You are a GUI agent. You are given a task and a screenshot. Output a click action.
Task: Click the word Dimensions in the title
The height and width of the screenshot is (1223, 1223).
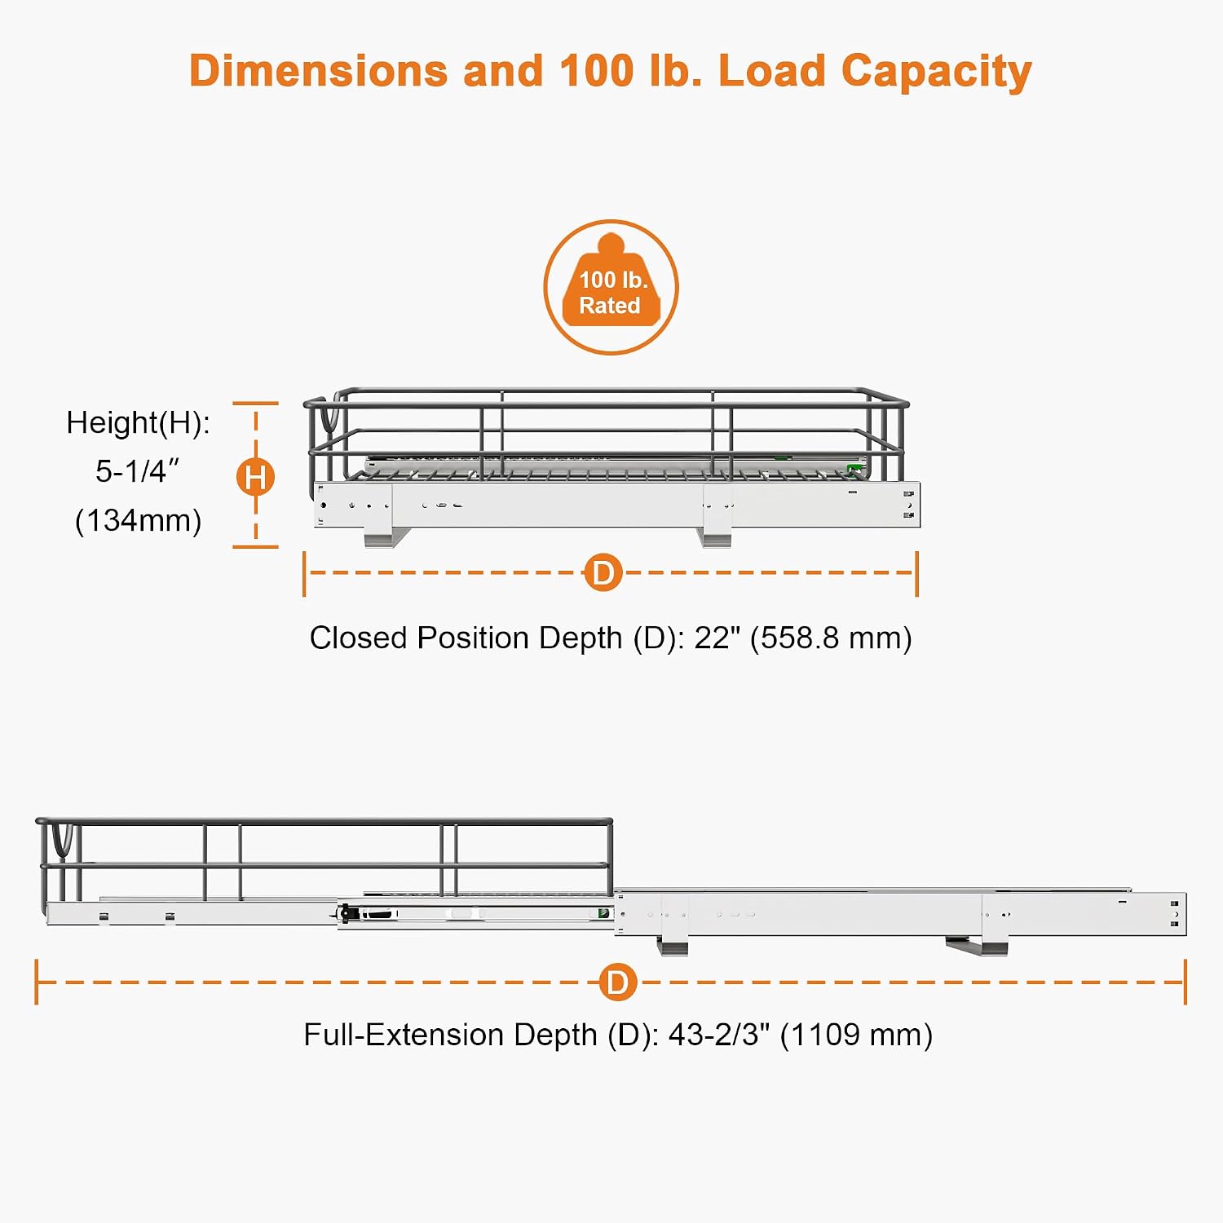click(x=319, y=71)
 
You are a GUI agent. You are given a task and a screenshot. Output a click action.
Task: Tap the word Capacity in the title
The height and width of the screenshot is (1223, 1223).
click(x=936, y=73)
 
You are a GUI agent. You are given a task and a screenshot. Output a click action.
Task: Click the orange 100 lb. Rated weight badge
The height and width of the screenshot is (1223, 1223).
click(x=611, y=287)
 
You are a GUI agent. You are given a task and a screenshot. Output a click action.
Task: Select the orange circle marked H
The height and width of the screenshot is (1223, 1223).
click(x=255, y=477)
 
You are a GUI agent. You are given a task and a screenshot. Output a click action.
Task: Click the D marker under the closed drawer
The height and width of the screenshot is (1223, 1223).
click(x=603, y=572)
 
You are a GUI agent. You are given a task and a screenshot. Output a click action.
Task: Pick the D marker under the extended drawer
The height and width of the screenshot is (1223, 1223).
click(x=618, y=982)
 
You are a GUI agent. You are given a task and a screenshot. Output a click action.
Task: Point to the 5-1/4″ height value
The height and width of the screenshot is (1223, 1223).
click(x=137, y=471)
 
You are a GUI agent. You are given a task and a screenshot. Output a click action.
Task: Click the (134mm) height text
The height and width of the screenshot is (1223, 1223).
click(x=138, y=520)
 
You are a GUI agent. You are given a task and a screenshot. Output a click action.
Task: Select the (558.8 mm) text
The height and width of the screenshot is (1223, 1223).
click(x=831, y=638)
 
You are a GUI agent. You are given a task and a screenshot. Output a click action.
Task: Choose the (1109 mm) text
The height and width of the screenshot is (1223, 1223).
click(x=856, y=1035)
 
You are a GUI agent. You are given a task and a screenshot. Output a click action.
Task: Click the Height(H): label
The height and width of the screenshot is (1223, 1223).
click(x=138, y=423)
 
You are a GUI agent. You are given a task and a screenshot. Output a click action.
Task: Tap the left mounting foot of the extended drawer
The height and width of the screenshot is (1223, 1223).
click(x=673, y=945)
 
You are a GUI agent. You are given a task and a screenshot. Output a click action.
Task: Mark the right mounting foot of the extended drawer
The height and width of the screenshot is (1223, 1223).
click(x=978, y=945)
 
